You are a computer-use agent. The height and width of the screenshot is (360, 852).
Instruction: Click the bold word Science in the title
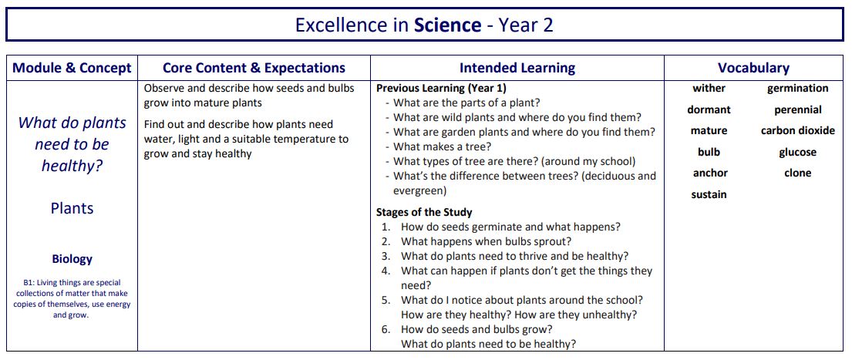447,25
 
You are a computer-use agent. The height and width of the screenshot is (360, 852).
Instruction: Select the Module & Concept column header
72,68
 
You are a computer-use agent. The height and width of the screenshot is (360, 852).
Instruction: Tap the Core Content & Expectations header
254,68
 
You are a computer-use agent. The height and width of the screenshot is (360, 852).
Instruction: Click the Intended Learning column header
517,68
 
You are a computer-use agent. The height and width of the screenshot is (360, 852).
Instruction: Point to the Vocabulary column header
753,68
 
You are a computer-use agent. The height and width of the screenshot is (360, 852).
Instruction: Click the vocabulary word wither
709,89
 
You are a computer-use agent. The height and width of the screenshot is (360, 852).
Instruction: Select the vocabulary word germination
797,89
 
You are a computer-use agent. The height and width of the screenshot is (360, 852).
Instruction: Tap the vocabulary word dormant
709,109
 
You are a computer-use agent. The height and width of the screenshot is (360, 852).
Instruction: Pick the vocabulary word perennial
797,109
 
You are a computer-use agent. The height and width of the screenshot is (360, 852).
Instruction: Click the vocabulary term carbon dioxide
797,130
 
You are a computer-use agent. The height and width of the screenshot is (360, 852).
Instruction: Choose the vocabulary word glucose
797,152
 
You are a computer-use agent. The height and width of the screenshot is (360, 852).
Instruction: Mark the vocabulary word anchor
709,173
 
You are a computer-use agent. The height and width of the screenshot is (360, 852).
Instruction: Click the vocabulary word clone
797,173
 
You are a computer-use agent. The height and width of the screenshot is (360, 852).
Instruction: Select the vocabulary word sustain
709,194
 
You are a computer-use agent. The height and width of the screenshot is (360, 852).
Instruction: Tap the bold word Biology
72,259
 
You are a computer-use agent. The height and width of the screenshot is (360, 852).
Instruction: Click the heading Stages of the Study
424,212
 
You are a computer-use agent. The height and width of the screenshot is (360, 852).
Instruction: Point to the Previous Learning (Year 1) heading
441,89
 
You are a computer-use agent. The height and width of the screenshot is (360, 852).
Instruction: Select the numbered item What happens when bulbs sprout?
486,241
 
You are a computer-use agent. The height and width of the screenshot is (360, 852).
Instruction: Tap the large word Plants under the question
72,208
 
